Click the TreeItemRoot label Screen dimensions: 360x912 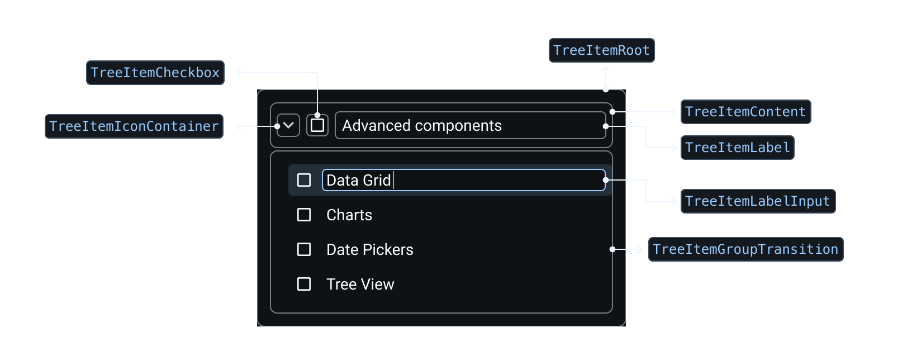pyautogui.click(x=601, y=50)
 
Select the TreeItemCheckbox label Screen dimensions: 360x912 pyautogui.click(x=155, y=73)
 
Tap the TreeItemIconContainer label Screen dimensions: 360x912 pyautogui.click(x=134, y=126)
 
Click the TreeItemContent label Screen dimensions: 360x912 pyautogui.click(x=745, y=112)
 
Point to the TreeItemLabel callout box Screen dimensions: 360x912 pyautogui.click(x=737, y=148)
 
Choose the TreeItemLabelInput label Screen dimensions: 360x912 pyautogui.click(x=758, y=201)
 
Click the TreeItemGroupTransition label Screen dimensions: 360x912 pyautogui.click(x=745, y=249)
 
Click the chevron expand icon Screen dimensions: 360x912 pyautogui.click(x=288, y=125)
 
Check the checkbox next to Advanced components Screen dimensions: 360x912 pyautogui.click(x=317, y=125)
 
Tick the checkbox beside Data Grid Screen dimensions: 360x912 pyautogui.click(x=304, y=180)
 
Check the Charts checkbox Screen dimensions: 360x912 pyautogui.click(x=304, y=215)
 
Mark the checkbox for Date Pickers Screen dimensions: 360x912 pyautogui.click(x=304, y=249)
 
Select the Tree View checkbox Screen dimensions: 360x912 pyautogui.click(x=304, y=284)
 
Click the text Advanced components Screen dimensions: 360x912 pyautogui.click(x=422, y=126)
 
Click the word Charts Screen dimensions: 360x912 pyautogui.click(x=349, y=215)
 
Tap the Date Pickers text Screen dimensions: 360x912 pyautogui.click(x=370, y=250)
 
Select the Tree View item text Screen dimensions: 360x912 pyautogui.click(x=360, y=285)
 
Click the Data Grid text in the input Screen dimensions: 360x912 pyautogui.click(x=358, y=181)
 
